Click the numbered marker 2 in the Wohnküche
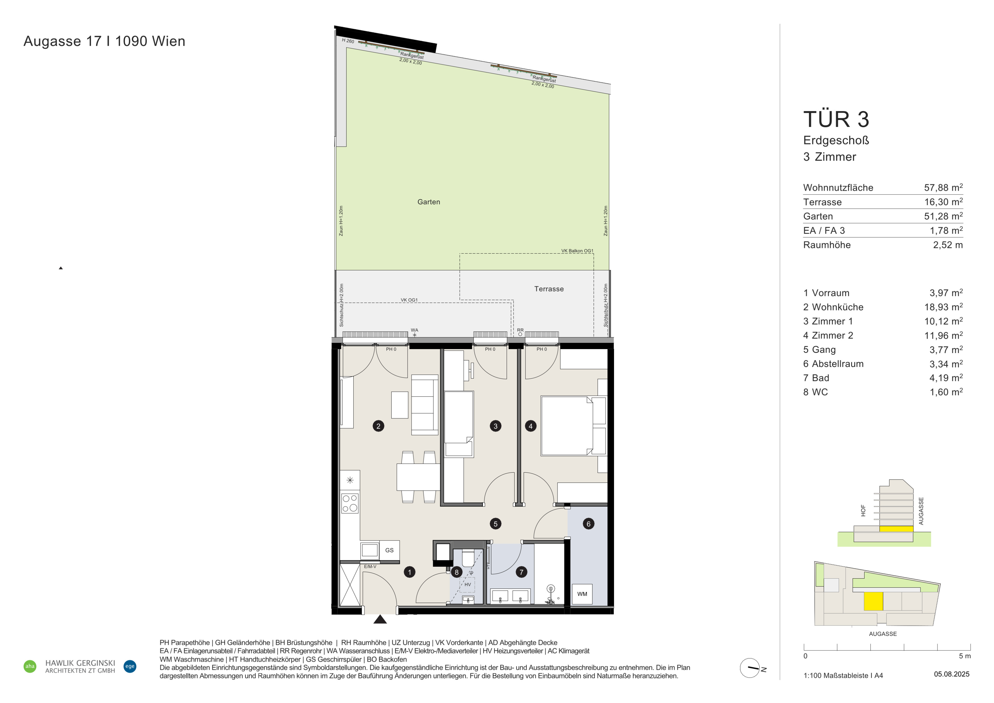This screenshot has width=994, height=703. pyautogui.click(x=378, y=426)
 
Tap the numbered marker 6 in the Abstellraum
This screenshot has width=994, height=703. pyautogui.click(x=588, y=524)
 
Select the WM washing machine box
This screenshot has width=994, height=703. pyautogui.click(x=582, y=594)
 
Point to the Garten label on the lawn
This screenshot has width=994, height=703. pyautogui.click(x=429, y=202)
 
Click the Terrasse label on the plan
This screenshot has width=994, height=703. pyautogui.click(x=549, y=289)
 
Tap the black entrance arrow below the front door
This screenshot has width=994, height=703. pyautogui.click(x=380, y=619)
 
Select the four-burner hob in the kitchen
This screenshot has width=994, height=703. pyautogui.click(x=350, y=503)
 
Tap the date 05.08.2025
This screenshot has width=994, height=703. pyautogui.click(x=952, y=674)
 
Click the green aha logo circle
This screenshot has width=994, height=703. pyautogui.click(x=30, y=666)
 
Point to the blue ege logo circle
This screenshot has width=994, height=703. pyautogui.click(x=130, y=666)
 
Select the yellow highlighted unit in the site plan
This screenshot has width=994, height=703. pyautogui.click(x=873, y=601)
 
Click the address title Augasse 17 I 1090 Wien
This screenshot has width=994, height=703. pyautogui.click(x=104, y=41)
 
